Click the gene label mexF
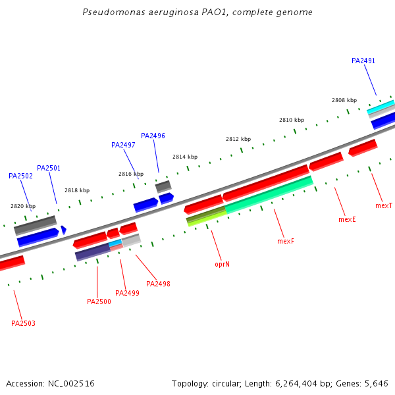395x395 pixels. click(285, 242)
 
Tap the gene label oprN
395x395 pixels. click(222, 264)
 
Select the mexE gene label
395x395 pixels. click(347, 219)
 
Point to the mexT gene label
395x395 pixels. click(384, 206)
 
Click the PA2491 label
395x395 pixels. click(363, 61)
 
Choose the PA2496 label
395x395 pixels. click(153, 136)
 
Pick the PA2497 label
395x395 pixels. click(123, 145)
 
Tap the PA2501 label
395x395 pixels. click(49, 168)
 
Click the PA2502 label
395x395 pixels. click(20, 176)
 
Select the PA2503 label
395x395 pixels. click(23, 323)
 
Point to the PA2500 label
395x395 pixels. click(99, 302)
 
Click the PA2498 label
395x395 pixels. click(158, 284)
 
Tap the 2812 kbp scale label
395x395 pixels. click(238, 139)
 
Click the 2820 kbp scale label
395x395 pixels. click(23, 206)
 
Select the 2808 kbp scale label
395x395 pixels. click(344, 100)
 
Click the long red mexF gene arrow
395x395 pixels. click(266, 182)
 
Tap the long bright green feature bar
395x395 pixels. click(269, 194)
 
